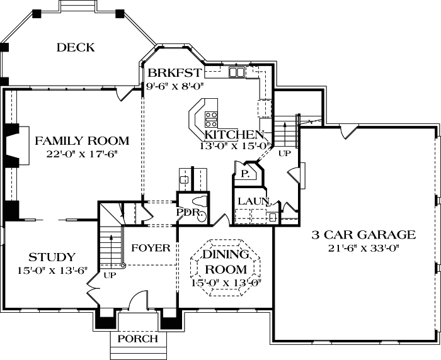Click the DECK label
tap(75, 47)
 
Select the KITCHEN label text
tap(234, 135)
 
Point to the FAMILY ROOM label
tap(82, 141)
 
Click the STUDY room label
tap(52, 257)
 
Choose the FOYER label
tap(151, 248)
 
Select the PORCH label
tap(138, 339)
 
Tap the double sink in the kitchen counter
tap(237, 73)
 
